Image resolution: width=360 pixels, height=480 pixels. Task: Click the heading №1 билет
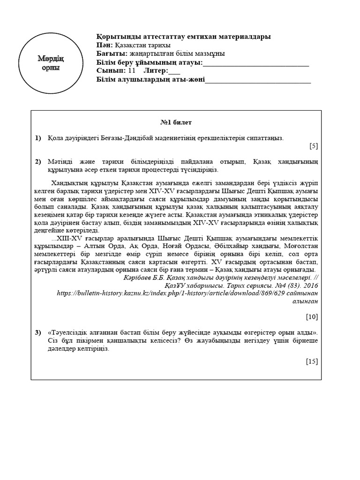[x=176, y=122]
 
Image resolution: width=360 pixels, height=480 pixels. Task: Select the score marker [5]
[x=314, y=146]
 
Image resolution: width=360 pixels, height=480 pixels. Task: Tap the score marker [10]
[x=312, y=316]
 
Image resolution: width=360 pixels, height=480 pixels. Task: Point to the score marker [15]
[x=312, y=361]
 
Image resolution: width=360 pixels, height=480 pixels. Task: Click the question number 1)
[x=38, y=138]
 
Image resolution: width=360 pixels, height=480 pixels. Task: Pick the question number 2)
[x=38, y=162]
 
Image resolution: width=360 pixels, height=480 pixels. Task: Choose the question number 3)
[x=38, y=332]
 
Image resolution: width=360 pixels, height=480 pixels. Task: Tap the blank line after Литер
[x=174, y=72]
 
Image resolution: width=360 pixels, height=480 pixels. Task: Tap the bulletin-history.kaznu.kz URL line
[x=187, y=293]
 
